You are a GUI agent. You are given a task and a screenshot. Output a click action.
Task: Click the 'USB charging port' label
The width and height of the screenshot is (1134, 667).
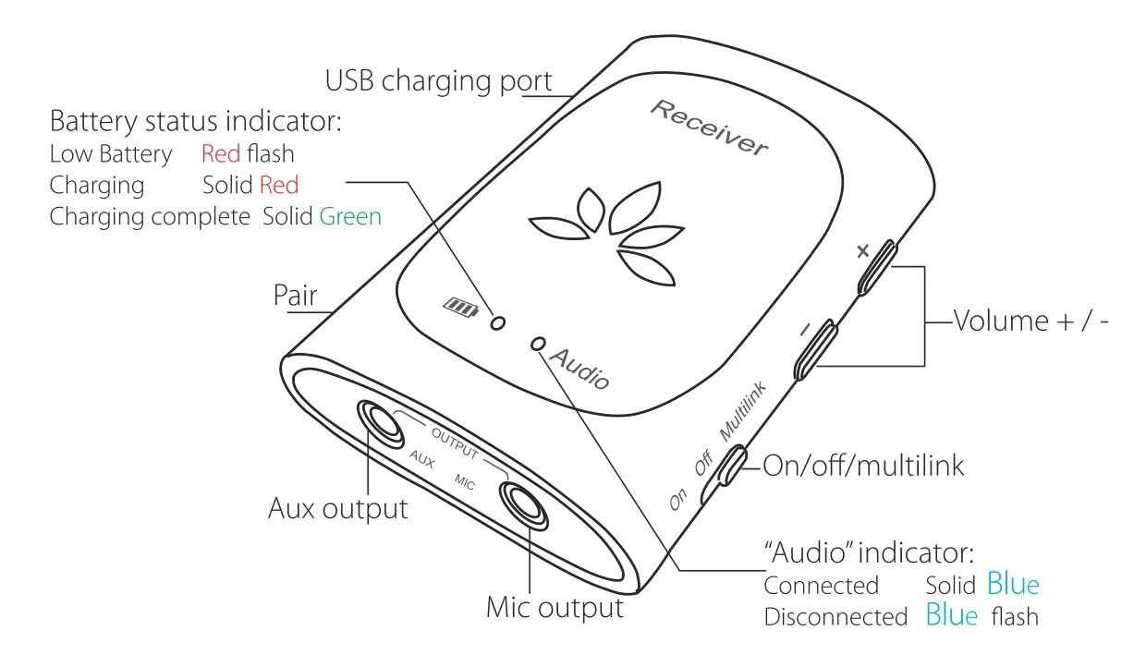[x=438, y=81]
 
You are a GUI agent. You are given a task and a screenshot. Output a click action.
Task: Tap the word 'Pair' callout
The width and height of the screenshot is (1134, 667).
[x=295, y=296]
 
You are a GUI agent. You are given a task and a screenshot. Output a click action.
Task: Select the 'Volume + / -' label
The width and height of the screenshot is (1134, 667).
[x=1030, y=321]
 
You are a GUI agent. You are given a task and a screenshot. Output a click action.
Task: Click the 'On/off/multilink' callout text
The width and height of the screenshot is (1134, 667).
[x=863, y=465]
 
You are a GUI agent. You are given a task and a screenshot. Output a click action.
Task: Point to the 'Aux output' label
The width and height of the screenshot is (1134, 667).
[x=337, y=508]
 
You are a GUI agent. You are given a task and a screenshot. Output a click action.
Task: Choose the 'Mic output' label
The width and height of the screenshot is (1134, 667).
[x=555, y=608]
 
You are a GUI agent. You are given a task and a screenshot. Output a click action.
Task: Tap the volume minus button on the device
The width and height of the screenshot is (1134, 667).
[x=816, y=349]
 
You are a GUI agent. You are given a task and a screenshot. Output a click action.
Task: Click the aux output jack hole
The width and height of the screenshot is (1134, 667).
[x=379, y=421]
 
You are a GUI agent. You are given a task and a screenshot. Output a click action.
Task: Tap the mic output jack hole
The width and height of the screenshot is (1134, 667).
[x=525, y=505]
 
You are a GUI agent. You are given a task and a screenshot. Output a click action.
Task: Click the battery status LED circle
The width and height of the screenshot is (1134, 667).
[x=498, y=322]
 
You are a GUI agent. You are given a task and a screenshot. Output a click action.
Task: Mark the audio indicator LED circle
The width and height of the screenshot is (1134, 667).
[x=538, y=344]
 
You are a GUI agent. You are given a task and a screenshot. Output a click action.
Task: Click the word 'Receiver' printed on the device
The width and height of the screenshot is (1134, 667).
[x=708, y=128]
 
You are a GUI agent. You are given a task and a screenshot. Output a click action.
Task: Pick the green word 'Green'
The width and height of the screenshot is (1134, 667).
[x=350, y=217]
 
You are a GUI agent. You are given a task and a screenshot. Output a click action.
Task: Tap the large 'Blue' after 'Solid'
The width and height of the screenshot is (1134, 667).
[x=1013, y=584]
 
